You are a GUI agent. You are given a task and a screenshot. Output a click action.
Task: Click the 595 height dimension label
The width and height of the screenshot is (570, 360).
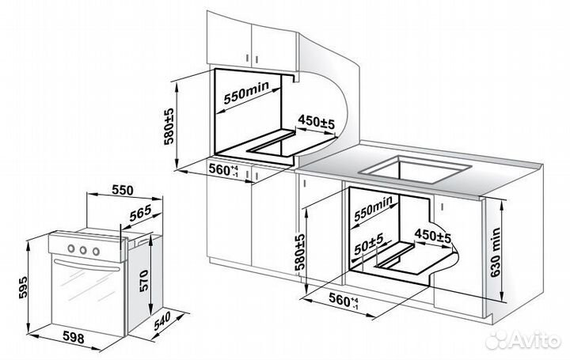click(23, 287)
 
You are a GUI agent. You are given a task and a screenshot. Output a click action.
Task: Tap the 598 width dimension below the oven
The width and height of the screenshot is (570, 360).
click(74, 337)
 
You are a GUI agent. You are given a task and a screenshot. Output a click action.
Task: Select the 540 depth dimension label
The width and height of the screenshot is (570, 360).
click(162, 321)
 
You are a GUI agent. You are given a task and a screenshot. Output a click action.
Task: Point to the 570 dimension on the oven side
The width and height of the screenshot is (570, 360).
click(143, 281)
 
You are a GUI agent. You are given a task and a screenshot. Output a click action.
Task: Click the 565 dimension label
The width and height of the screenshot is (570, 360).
click(140, 214)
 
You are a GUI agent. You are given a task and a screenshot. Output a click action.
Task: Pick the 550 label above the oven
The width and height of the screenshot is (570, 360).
click(123, 190)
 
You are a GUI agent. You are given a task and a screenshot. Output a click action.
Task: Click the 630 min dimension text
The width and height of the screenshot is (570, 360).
click(495, 252)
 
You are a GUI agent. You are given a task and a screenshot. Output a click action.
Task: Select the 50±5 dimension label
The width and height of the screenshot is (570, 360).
click(369, 244)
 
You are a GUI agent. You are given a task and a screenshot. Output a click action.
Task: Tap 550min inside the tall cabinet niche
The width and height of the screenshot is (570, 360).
click(246, 93)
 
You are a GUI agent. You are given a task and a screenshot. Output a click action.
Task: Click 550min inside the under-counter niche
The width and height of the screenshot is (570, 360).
click(374, 209)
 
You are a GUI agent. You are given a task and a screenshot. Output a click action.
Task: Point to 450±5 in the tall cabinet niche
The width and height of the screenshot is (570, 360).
click(316, 123)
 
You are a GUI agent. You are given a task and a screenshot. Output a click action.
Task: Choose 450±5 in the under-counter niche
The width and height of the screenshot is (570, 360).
click(432, 236)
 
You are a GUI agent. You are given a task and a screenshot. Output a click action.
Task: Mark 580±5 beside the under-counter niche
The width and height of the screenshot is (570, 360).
click(299, 252)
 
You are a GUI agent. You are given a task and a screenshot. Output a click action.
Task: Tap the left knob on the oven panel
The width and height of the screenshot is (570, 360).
click(71, 249)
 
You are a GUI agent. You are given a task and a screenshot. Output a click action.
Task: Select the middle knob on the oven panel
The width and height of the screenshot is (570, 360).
click(83, 250)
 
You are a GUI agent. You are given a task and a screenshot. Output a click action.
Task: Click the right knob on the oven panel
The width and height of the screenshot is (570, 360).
click(96, 251)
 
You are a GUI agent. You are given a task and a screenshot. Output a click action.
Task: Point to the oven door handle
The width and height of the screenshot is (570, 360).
click(86, 265)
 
